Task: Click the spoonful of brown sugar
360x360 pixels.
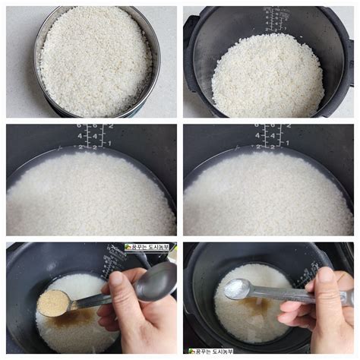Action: pos(53,302)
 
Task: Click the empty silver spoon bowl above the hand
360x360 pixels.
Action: pos(156,283)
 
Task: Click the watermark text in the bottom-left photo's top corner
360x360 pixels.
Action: pos(149,248)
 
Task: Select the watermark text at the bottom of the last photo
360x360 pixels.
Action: pos(211,352)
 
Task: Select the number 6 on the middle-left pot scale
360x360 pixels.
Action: pos(79,127)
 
